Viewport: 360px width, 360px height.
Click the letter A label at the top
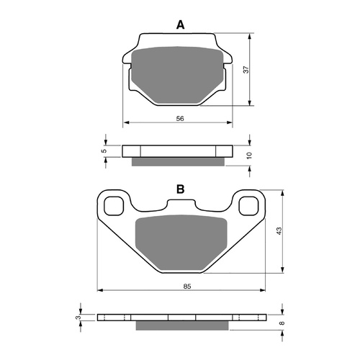[181, 25]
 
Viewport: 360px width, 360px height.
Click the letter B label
[181, 190]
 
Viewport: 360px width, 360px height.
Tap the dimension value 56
[180, 118]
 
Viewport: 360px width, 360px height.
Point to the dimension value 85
[186, 287]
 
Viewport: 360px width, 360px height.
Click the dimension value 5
[104, 151]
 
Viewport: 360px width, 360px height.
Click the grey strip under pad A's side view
[179, 161]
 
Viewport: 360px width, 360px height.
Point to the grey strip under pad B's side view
[181, 325]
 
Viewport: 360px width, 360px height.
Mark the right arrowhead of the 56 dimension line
[233, 122]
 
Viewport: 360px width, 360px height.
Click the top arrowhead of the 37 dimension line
[250, 35]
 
